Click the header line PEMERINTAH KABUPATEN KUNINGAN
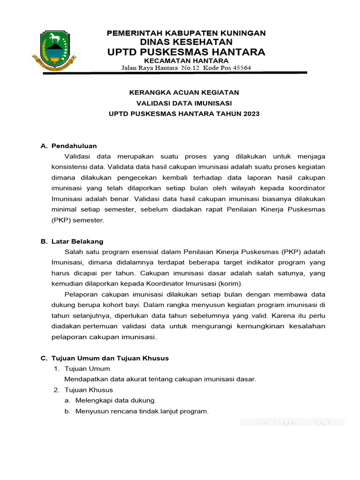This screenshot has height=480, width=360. click(186, 33)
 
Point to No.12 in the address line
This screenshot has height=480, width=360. click(191, 68)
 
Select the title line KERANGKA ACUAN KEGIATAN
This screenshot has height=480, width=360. click(184, 92)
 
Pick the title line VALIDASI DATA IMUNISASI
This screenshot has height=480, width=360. click(184, 103)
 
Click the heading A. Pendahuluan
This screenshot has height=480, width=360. click(69, 146)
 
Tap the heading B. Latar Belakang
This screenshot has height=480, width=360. click(72, 241)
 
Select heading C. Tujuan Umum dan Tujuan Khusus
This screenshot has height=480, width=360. click(105, 358)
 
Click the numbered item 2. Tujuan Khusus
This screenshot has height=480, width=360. click(83, 390)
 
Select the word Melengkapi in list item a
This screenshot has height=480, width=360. click(92, 400)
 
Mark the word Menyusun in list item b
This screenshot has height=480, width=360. click(90, 411)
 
